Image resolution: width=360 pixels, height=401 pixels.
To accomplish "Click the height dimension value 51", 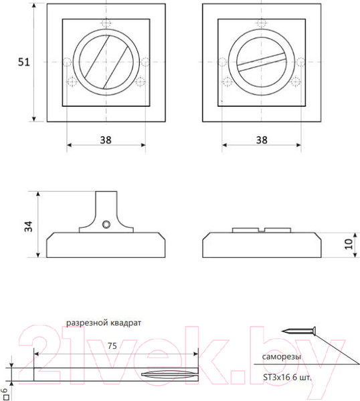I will pos(24,62).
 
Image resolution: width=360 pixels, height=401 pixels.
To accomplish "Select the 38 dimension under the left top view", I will pos(106,140).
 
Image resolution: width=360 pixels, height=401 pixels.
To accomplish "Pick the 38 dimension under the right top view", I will pos(261,140).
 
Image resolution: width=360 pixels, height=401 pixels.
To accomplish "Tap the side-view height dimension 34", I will pos(28,225).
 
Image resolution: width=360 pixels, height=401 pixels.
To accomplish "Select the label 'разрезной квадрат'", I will pos(103,322).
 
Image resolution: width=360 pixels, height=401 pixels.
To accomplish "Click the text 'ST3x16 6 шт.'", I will pos(288,377).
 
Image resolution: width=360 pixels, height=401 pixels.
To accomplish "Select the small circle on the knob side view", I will pos(106,225).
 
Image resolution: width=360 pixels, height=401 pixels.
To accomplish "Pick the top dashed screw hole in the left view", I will pos(106,25).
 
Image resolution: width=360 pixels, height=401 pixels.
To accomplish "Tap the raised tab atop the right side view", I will pos(261,230).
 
